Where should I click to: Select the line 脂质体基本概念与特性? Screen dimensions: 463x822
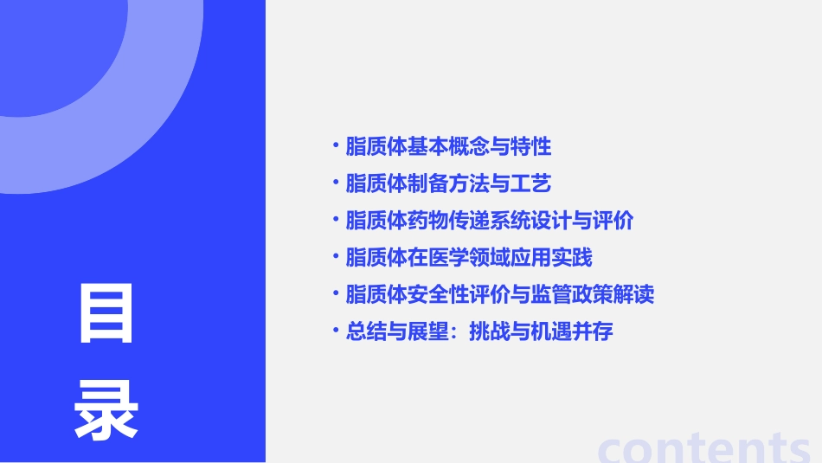(x=448, y=147)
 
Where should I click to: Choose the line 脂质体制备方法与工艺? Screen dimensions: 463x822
(x=448, y=184)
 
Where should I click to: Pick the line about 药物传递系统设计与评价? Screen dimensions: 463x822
(x=490, y=221)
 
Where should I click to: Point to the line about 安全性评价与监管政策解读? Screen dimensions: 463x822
(x=500, y=294)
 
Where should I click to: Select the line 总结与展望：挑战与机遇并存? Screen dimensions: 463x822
(x=479, y=331)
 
